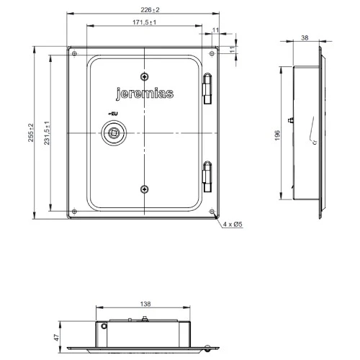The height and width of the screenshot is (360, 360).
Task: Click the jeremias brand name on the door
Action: coord(144,92)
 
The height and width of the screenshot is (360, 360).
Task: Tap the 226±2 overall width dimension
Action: coord(145,9)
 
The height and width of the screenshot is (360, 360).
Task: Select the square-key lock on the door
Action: coord(113,132)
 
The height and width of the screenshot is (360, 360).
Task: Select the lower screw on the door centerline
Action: coord(145,188)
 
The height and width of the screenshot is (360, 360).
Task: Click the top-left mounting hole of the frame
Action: coord(73,52)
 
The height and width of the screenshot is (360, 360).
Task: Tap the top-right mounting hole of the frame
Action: coord(215,52)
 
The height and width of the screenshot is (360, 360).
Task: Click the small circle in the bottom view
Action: coord(106,326)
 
